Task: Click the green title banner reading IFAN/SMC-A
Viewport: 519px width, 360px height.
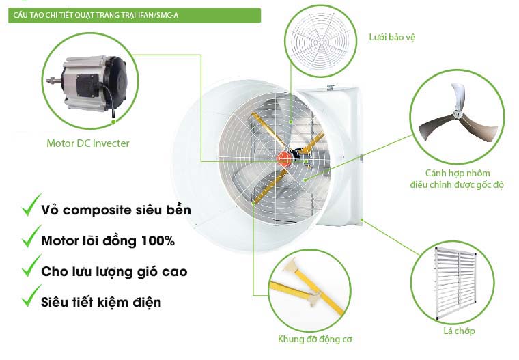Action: (x=135, y=15)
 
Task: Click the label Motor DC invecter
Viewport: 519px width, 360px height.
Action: (x=87, y=143)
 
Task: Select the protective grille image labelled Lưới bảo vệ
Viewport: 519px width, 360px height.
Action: (x=320, y=42)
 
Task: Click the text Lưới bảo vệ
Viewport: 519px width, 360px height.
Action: (x=392, y=37)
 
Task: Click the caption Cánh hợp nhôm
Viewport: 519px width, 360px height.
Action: (x=458, y=173)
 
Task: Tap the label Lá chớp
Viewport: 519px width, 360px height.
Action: (x=459, y=331)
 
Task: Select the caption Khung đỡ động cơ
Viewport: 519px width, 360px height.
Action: (x=315, y=339)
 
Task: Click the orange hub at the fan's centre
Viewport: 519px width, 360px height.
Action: (x=284, y=158)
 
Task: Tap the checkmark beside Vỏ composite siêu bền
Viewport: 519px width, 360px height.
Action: (x=31, y=206)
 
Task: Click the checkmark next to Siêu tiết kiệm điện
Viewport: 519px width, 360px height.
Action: (x=31, y=296)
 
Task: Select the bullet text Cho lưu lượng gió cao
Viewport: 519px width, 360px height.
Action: (x=114, y=272)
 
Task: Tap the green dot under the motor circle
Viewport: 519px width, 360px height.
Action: (x=113, y=122)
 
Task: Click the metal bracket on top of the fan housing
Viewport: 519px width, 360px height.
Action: (x=331, y=87)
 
